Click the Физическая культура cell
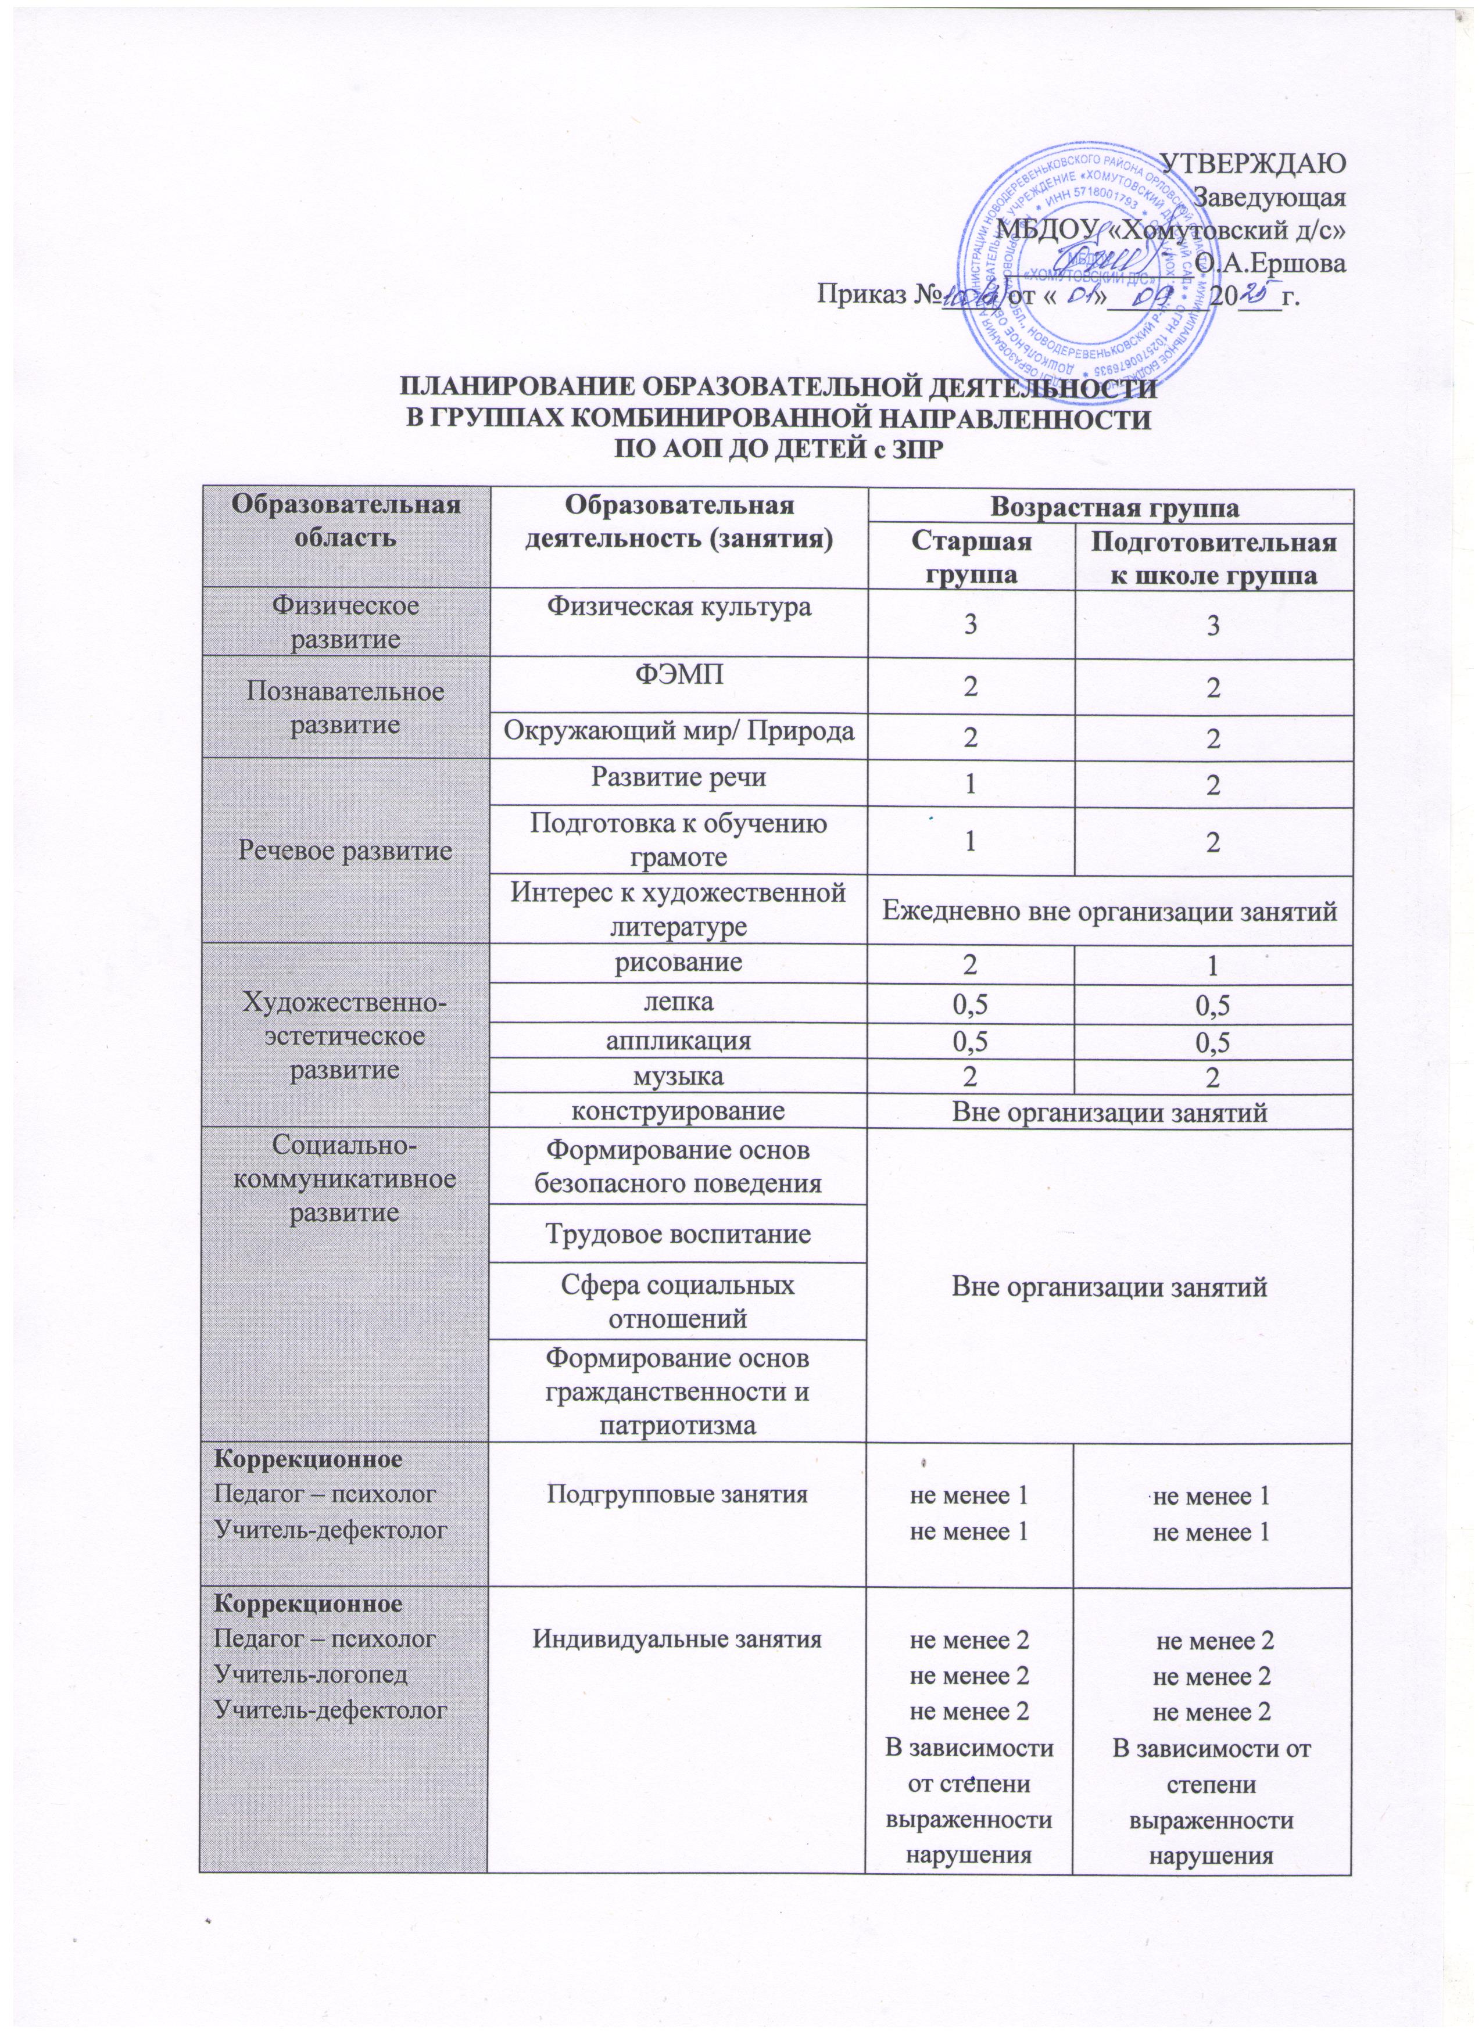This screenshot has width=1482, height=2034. tap(678, 607)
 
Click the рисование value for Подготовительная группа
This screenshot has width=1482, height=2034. tap(1211, 967)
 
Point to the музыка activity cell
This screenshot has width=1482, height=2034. tap(678, 1074)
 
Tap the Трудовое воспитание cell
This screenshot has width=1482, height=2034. tap(678, 1234)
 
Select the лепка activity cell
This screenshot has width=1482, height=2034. tap(678, 1002)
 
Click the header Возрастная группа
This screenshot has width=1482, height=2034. tap(1109, 508)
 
